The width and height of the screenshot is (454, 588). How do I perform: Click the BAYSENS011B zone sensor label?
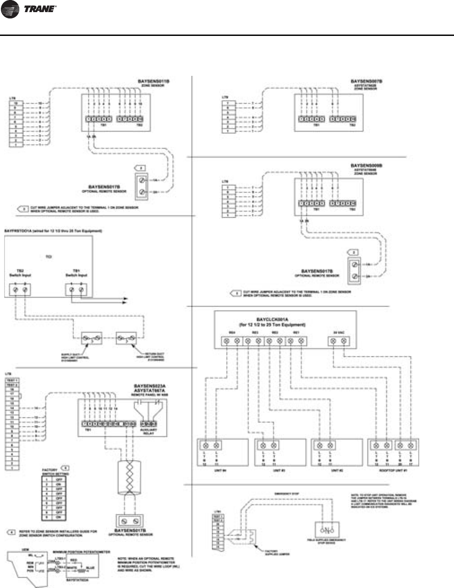(x=153, y=81)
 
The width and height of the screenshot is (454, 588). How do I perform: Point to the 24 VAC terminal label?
(x=338, y=333)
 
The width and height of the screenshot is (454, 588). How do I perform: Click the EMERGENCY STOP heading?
(x=286, y=494)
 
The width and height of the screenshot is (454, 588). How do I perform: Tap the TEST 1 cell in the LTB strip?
(x=12, y=380)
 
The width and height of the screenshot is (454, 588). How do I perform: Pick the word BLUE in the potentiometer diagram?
(x=90, y=568)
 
